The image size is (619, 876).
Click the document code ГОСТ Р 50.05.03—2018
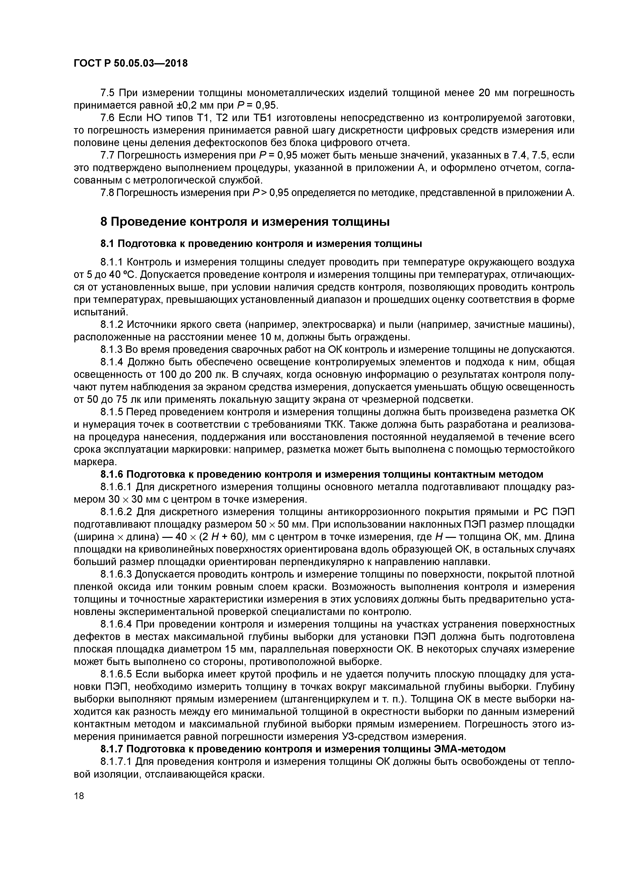(131, 64)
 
